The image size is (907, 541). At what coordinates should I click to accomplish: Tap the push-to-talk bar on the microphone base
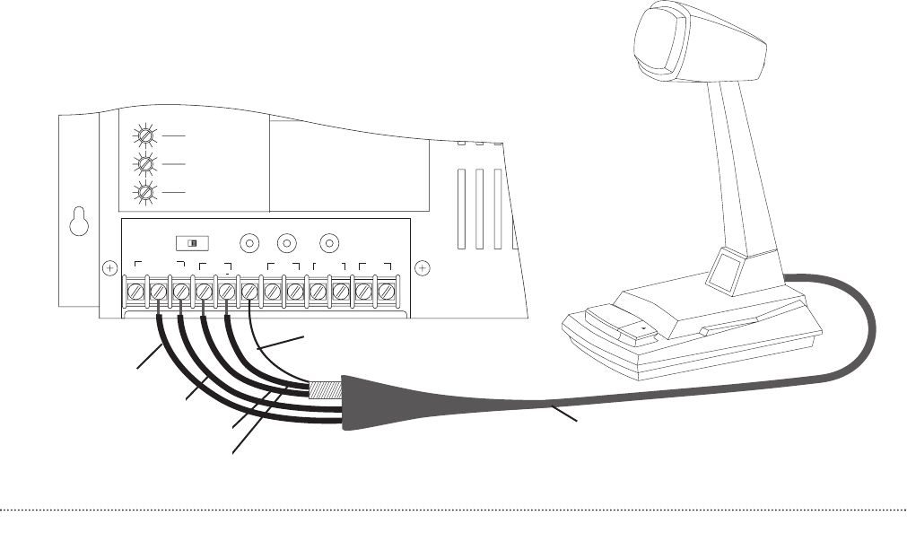coord(619,327)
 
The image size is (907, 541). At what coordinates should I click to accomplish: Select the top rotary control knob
coord(142,136)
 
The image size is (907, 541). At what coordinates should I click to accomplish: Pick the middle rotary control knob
coord(142,164)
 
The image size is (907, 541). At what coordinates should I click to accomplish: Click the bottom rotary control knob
coord(142,193)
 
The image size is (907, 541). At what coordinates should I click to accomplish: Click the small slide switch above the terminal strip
coord(193,243)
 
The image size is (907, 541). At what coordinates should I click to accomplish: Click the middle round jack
coord(287,243)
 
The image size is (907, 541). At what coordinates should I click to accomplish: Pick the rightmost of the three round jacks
coord(329,243)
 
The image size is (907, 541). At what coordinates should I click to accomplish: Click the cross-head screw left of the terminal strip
coord(109,266)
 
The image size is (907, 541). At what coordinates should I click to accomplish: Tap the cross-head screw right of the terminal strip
coord(423,266)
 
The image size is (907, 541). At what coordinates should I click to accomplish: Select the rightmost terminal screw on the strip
coord(387,292)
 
